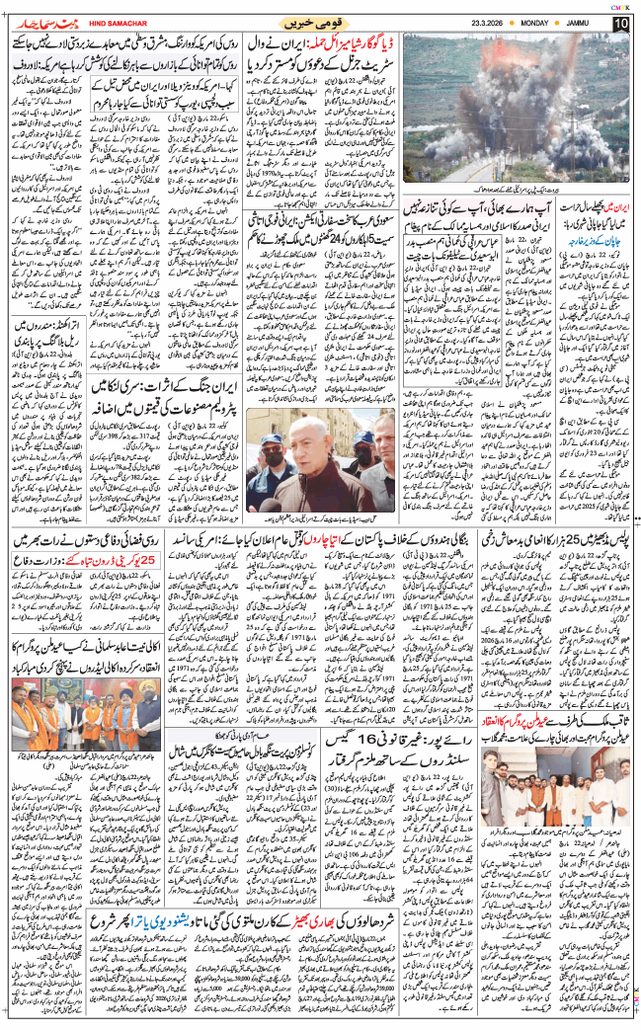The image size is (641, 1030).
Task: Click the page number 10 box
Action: (x=621, y=22)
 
